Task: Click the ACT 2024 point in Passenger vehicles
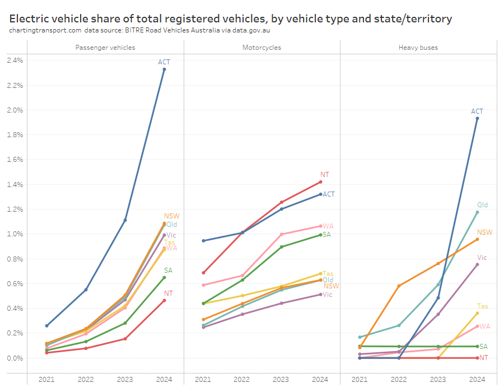(164, 69)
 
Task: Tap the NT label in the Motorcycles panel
(324, 175)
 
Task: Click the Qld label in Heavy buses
(482, 205)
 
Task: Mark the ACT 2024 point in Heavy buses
(477, 118)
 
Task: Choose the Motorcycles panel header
(262, 48)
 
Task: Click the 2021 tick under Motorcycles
(203, 380)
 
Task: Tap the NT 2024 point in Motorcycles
(320, 181)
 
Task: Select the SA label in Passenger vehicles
(168, 270)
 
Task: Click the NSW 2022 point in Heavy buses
(399, 286)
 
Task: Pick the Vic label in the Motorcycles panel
(328, 295)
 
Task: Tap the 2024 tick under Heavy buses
(477, 380)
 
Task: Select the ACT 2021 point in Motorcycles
(203, 241)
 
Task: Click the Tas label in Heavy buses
(482, 306)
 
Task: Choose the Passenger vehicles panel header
(105, 48)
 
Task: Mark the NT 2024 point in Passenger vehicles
(164, 300)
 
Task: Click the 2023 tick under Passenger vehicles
(125, 380)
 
